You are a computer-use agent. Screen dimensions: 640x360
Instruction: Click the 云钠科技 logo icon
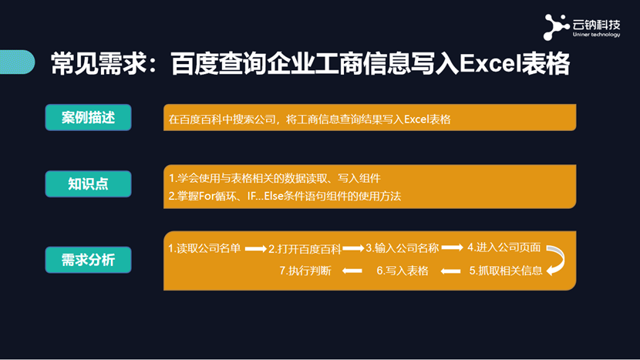(556, 27)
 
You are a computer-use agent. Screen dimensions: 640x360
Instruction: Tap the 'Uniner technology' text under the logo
(596, 35)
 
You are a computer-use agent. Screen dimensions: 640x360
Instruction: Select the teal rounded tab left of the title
(17, 62)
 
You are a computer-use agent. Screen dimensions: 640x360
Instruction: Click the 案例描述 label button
(88, 117)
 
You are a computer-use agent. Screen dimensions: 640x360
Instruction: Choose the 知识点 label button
(88, 183)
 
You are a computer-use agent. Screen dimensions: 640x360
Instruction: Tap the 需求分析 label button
(88, 260)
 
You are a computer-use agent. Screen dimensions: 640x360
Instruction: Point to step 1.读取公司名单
(204, 248)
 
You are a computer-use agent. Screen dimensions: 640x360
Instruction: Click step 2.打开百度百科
(305, 249)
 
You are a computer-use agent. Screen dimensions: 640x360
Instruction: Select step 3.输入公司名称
(402, 247)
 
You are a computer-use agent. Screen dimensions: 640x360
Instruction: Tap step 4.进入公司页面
(504, 247)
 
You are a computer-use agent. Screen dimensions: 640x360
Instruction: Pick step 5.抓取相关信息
(506, 271)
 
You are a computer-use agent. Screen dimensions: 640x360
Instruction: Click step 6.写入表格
(403, 271)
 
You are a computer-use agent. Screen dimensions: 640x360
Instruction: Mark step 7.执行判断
(305, 271)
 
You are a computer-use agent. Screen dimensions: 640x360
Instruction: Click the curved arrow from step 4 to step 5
(562, 258)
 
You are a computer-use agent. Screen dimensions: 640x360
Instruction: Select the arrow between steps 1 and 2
(256, 248)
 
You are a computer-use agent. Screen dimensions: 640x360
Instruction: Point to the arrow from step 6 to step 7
(352, 271)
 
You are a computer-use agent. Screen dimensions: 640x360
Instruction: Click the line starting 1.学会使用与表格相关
(275, 178)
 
